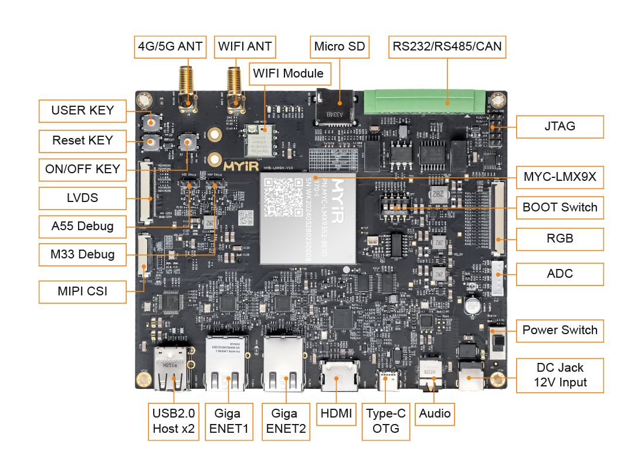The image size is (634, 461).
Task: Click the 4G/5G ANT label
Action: (x=171, y=46)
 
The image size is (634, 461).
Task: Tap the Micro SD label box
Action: (x=340, y=46)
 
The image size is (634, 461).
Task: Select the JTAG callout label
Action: (x=560, y=126)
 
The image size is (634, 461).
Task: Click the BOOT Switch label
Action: (x=560, y=207)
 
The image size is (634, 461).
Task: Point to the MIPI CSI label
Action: (x=82, y=291)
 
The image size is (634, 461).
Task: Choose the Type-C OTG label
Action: (x=386, y=421)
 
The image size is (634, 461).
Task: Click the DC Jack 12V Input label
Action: (x=560, y=375)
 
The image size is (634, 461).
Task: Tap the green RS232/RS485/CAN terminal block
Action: (x=425, y=102)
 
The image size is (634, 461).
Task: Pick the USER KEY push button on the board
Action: (x=152, y=122)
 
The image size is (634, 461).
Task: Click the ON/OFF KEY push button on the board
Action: (x=188, y=142)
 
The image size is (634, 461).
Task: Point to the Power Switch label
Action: (x=560, y=330)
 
